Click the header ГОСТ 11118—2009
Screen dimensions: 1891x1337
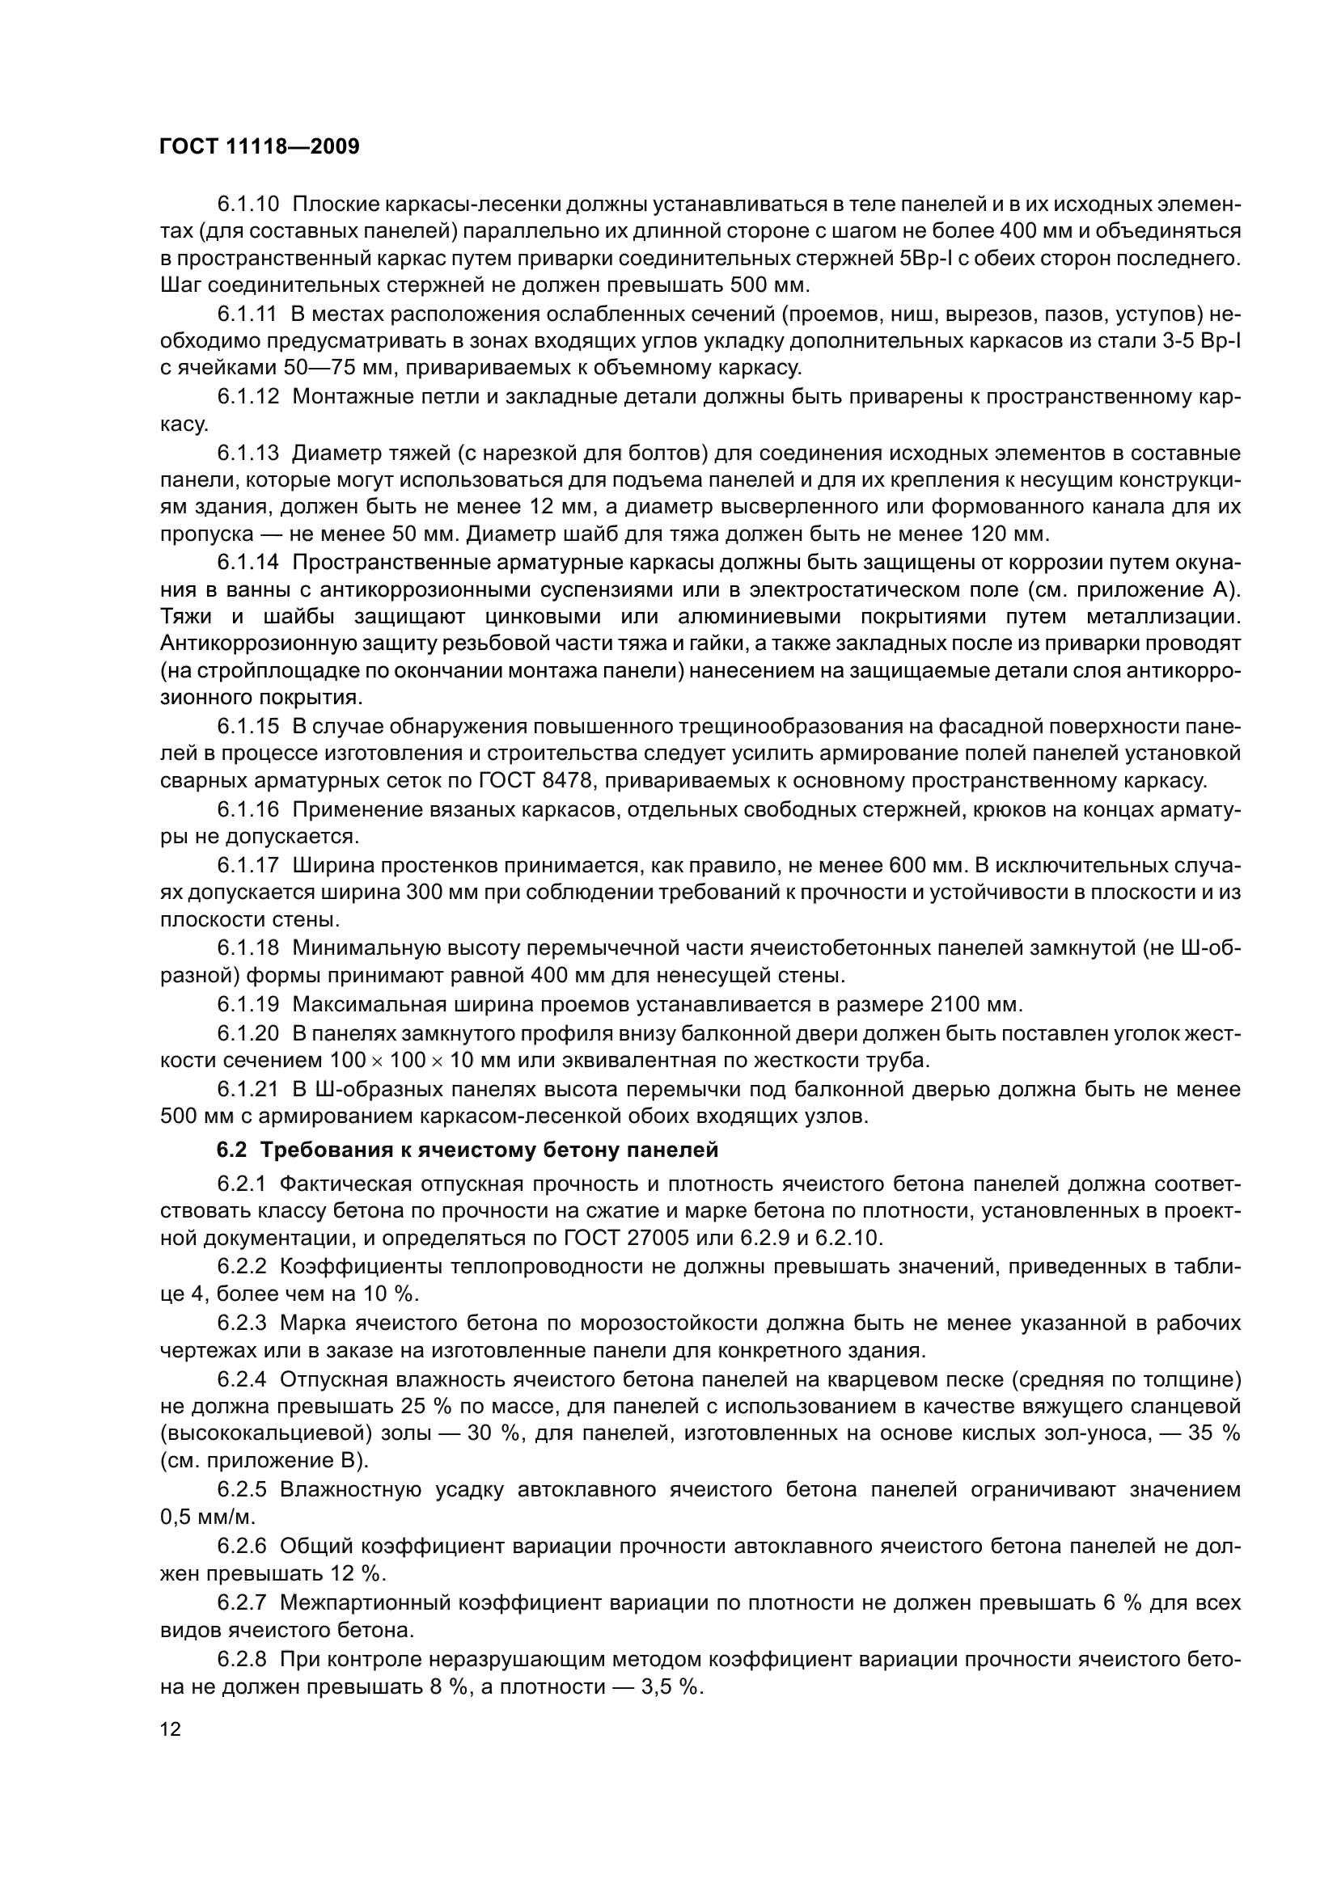coord(260,147)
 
